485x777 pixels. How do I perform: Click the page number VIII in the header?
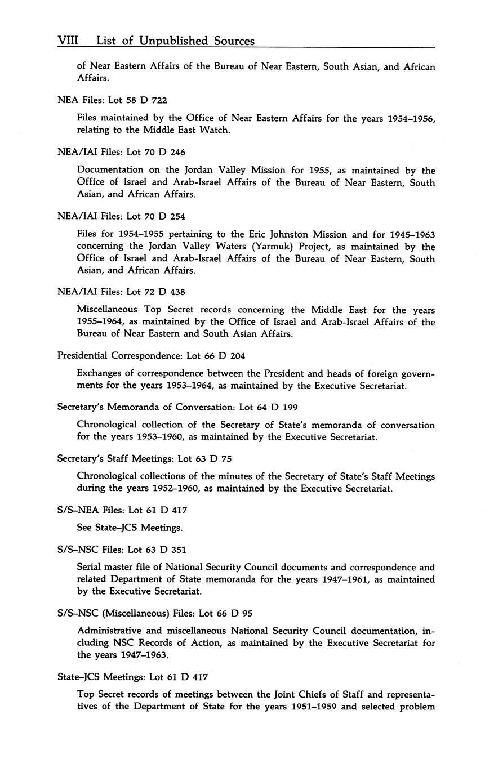tap(67, 41)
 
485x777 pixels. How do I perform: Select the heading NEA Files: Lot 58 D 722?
tap(112, 100)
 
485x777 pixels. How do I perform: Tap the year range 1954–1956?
tap(410, 118)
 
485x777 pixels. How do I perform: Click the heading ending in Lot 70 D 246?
tap(121, 152)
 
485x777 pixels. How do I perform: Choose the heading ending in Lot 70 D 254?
tap(121, 216)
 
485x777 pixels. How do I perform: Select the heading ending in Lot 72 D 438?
tap(121, 292)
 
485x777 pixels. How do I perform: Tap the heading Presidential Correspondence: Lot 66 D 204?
tap(151, 356)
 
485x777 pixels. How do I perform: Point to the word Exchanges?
tap(100, 374)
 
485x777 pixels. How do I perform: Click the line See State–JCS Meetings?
tap(130, 528)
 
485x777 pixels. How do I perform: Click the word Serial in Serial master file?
tap(89, 568)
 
